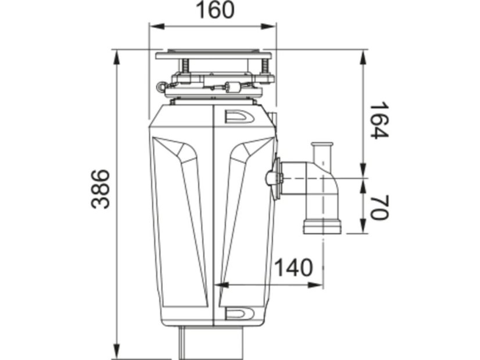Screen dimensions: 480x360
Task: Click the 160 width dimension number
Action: click(x=214, y=10)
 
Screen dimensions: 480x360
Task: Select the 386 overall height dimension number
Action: click(x=100, y=189)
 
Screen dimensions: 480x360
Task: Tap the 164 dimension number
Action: click(x=379, y=120)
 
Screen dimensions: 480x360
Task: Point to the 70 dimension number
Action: click(x=379, y=207)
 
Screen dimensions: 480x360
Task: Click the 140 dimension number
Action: click(x=293, y=267)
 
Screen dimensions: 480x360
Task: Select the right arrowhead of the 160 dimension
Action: click(x=268, y=27)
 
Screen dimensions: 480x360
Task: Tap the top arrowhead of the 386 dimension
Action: click(x=117, y=57)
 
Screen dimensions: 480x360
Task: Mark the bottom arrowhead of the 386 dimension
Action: click(x=117, y=351)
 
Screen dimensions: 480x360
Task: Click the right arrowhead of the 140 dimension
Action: click(x=315, y=285)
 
